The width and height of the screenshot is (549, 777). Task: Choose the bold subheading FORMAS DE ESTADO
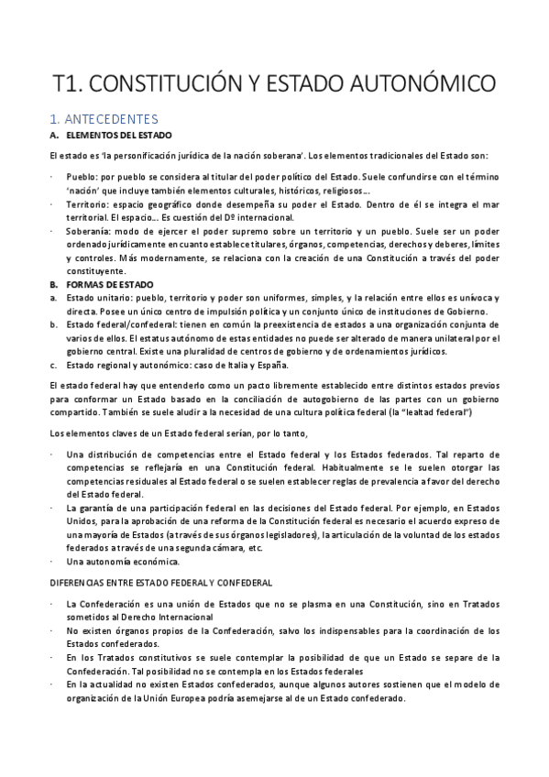pos(105,285)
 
